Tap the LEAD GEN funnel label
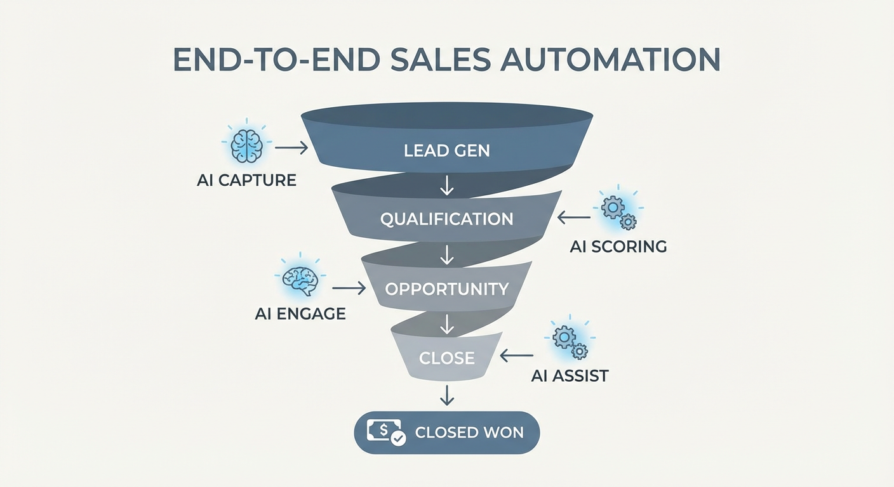tap(447, 151)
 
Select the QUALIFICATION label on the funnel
tap(447, 219)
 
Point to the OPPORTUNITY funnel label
tap(447, 289)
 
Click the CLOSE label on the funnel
tap(447, 358)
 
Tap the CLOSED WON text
tap(469, 433)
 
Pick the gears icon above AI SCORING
tap(618, 212)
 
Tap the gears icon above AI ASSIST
tap(570, 342)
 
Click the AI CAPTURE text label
tap(246, 180)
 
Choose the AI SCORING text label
tap(618, 247)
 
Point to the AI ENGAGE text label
tap(300, 313)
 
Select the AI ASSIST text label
tap(570, 375)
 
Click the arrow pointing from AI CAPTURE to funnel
tap(291, 148)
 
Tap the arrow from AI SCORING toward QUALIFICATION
tap(574, 218)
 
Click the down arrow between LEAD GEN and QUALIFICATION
tap(447, 185)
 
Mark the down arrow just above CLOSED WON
tap(447, 395)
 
